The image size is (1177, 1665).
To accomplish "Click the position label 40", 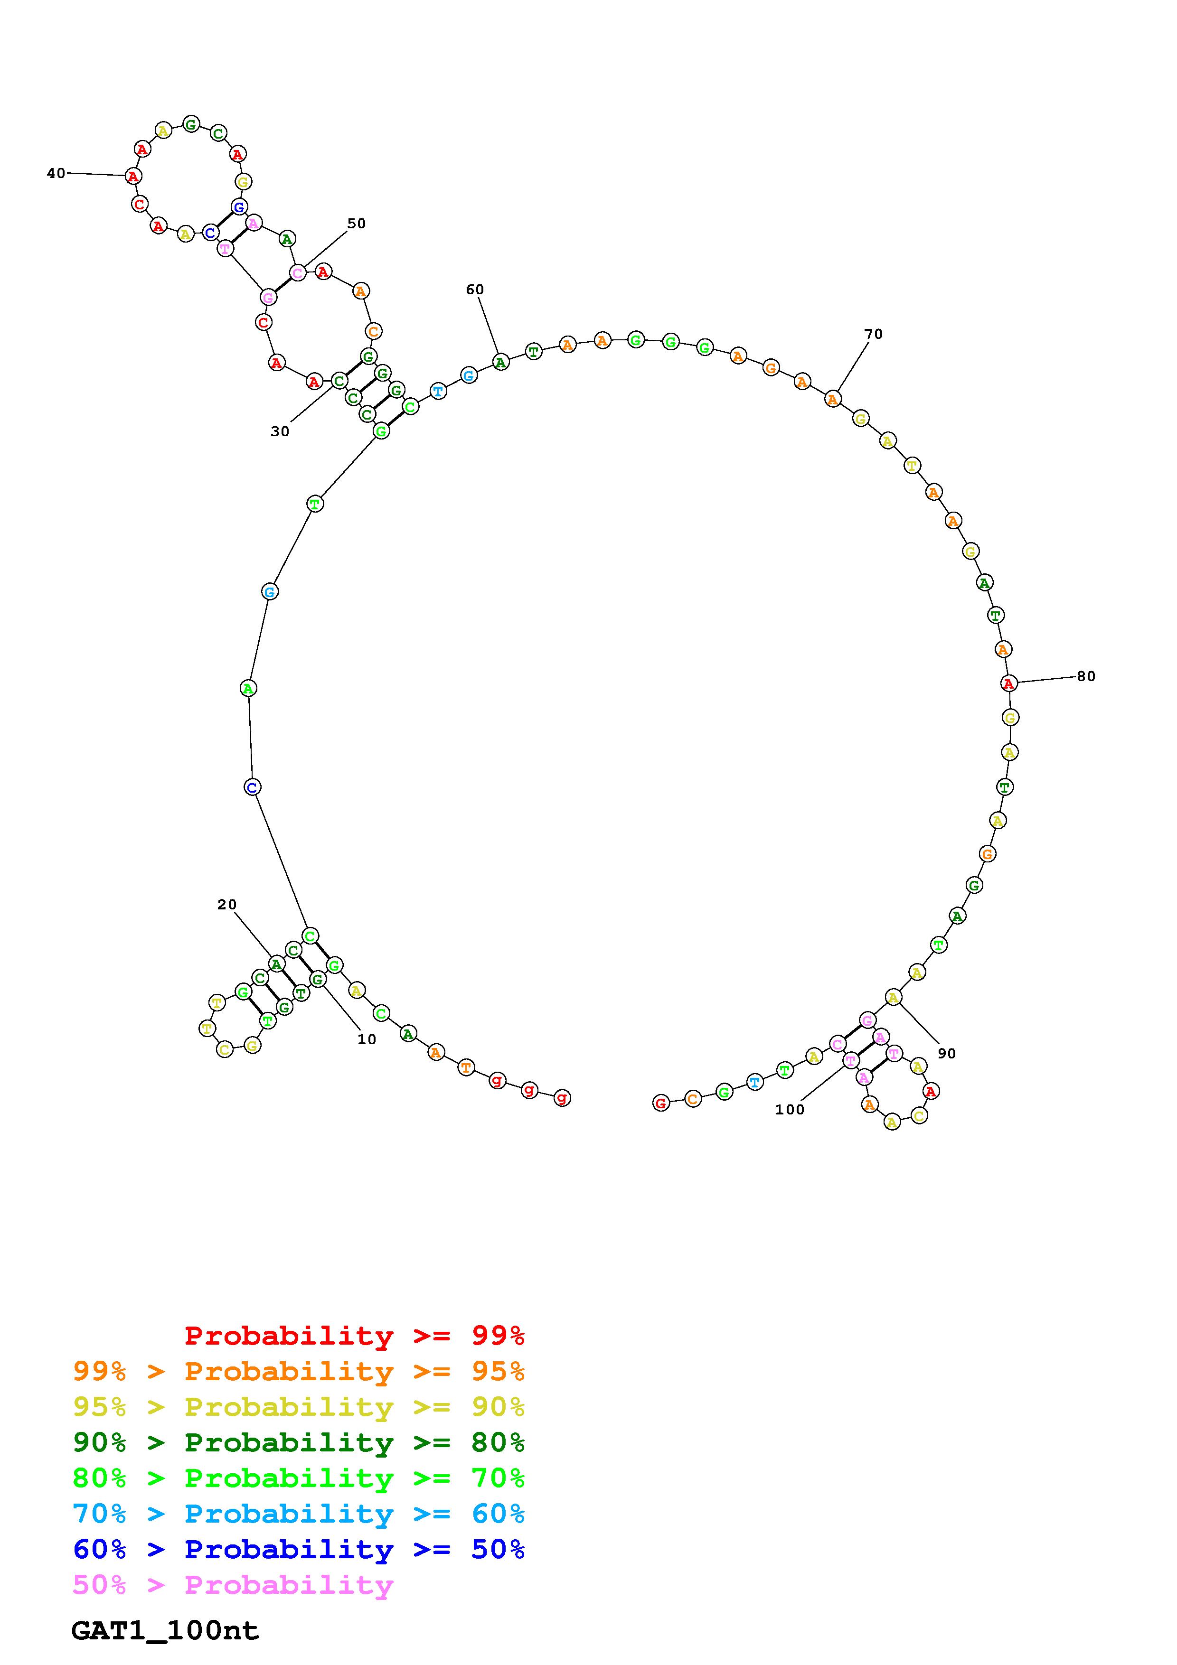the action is click(x=56, y=173).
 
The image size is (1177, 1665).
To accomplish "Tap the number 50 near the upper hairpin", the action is click(x=356, y=224).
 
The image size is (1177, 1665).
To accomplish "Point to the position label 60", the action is click(x=474, y=290).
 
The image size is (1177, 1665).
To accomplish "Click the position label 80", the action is click(x=1086, y=676).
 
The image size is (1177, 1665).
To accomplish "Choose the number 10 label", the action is click(x=367, y=1038).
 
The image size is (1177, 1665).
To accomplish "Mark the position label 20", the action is click(x=227, y=904).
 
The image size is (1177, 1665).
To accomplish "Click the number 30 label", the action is click(x=280, y=431).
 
